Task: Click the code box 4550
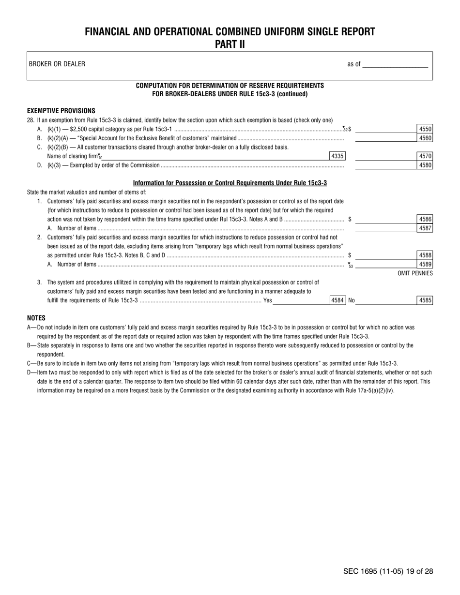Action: coord(425,129)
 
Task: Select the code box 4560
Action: coord(425,138)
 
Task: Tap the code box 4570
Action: coord(425,156)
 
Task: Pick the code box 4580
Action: coord(425,165)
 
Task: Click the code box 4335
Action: coord(337,156)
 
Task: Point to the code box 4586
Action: coord(425,219)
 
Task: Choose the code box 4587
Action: coord(425,228)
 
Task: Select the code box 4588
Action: coord(425,255)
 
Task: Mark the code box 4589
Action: coord(425,264)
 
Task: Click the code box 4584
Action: coord(337,300)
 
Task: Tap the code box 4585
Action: coord(425,300)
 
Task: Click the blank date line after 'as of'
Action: coord(395,64)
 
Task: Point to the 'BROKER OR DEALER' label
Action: coord(57,64)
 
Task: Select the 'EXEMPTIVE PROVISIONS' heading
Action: coord(61,111)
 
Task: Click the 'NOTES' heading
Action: coord(36,318)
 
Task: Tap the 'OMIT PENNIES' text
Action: coord(415,273)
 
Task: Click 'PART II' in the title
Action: coord(230,45)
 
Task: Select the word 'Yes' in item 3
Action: coord(267,300)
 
